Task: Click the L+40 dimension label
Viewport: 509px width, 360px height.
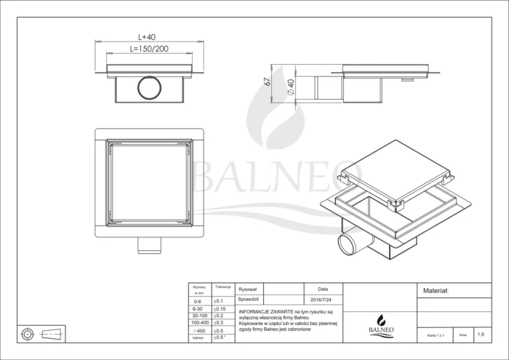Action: pos(148,36)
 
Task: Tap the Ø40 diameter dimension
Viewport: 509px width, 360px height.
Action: pos(290,87)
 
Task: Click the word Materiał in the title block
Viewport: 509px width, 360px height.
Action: pos(436,290)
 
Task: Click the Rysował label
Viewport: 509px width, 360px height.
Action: pos(249,289)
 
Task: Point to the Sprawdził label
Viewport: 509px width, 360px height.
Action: pos(250,299)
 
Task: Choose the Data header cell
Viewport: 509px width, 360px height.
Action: pos(323,289)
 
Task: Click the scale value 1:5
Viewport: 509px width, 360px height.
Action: pos(480,335)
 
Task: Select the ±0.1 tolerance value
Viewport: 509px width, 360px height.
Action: pos(218,300)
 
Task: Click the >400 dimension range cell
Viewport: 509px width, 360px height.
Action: pos(196,329)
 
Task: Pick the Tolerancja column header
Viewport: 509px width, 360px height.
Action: pos(222,287)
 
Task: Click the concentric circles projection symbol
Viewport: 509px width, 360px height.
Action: pos(28,335)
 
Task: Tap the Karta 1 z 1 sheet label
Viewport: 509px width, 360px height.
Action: pos(436,336)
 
